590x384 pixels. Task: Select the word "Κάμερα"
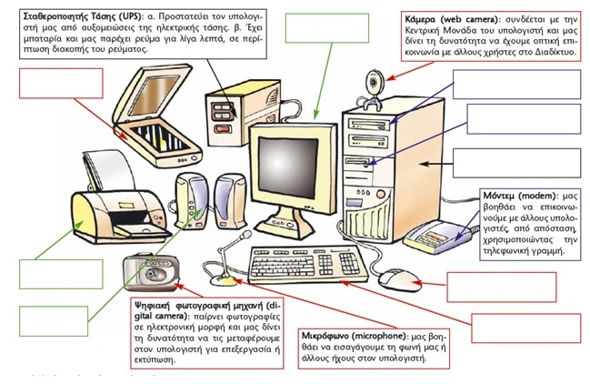point(425,18)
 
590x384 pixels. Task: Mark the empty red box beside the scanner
point(61,86)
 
